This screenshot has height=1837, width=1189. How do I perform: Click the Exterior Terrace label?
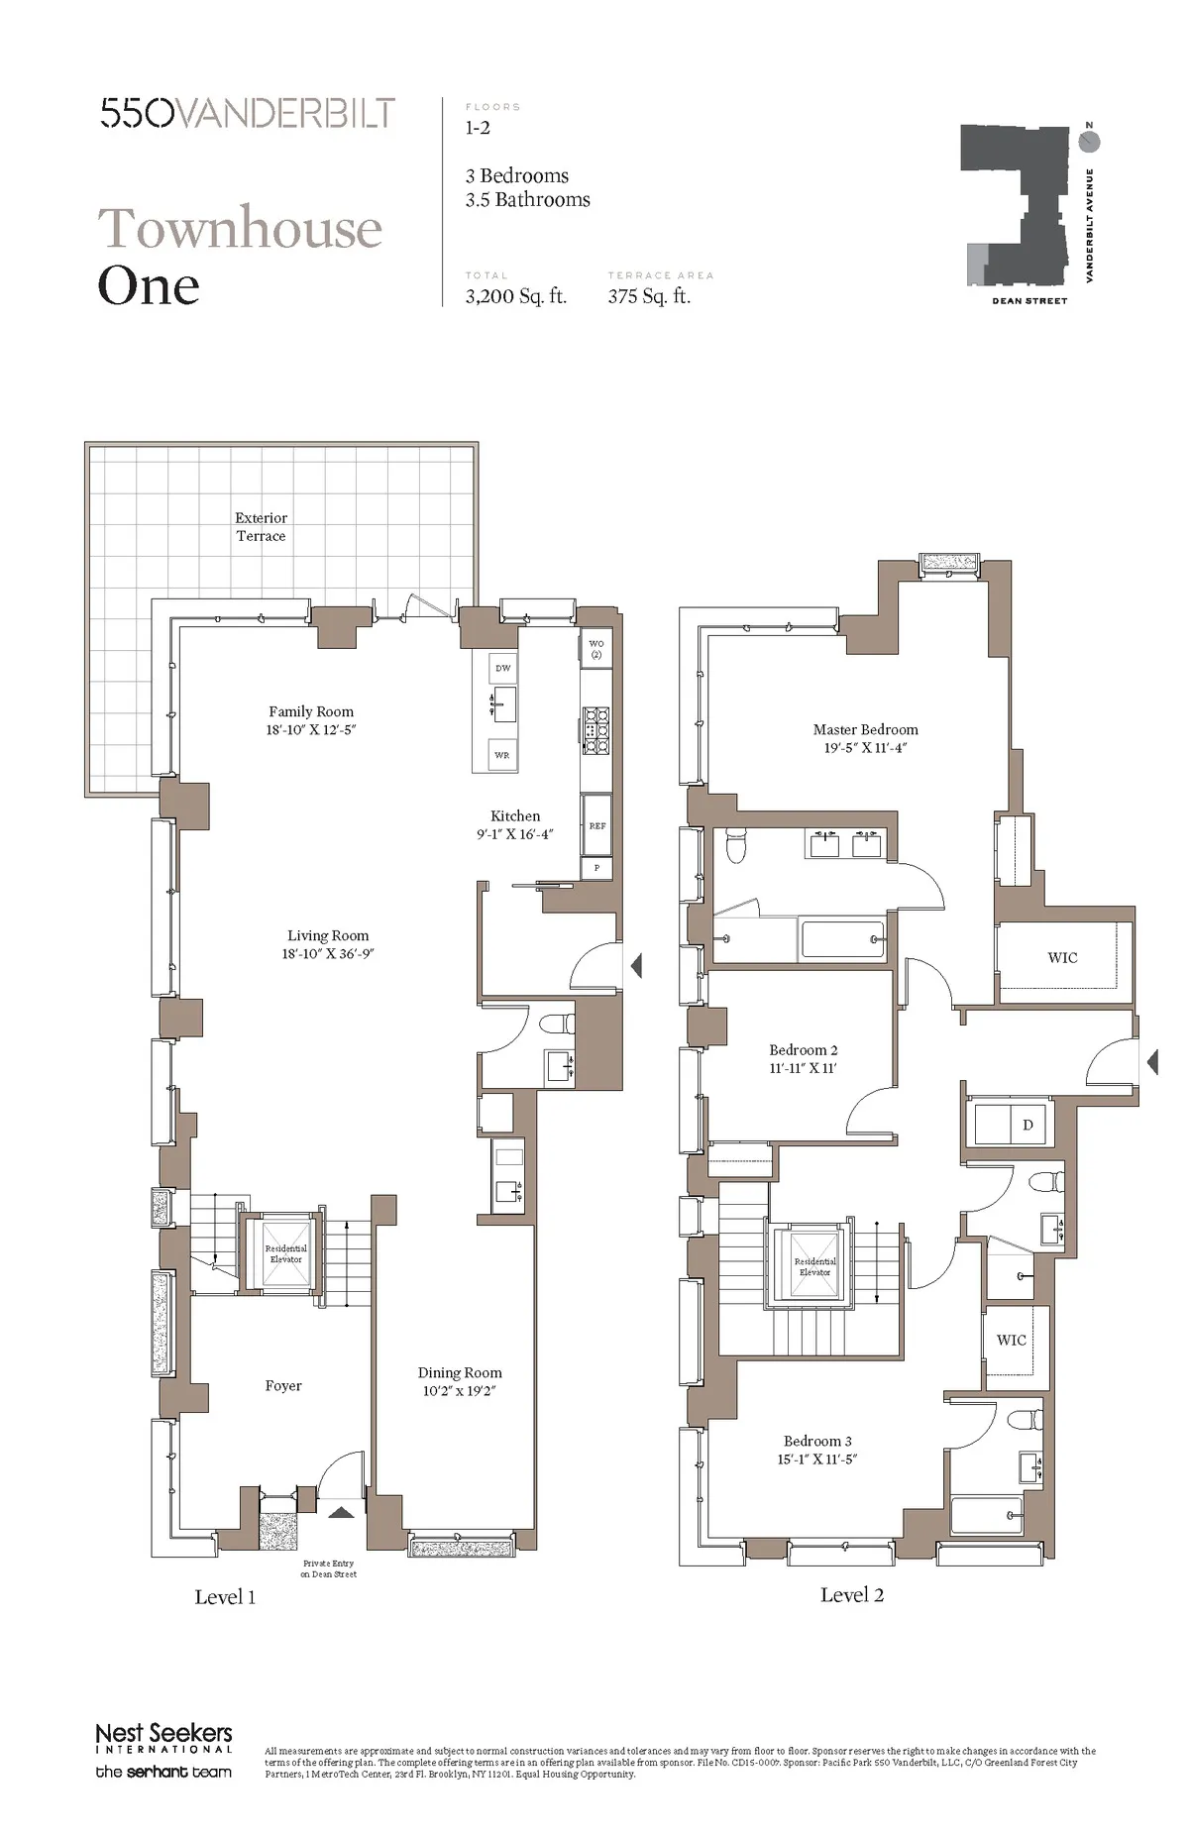click(x=261, y=526)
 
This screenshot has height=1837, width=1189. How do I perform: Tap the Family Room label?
click(x=311, y=711)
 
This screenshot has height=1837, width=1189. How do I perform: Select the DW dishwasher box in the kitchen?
click(x=503, y=669)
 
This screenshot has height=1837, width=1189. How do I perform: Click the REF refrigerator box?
click(x=596, y=824)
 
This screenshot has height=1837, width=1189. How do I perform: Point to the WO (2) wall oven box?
click(x=595, y=649)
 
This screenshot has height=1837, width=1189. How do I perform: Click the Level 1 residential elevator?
click(x=285, y=1253)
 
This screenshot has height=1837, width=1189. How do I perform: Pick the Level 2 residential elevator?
click(x=814, y=1265)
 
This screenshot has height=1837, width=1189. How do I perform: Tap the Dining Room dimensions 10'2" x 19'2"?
click(x=459, y=1391)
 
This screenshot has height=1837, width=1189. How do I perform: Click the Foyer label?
click(x=283, y=1385)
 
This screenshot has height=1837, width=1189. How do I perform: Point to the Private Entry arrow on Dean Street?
click(x=340, y=1513)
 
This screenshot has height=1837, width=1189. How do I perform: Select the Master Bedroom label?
click(x=865, y=729)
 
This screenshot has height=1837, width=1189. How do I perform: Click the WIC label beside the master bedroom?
click(x=1062, y=957)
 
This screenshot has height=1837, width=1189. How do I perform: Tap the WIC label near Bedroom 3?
click(x=1011, y=1340)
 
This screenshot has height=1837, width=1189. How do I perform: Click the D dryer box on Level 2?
click(x=1027, y=1125)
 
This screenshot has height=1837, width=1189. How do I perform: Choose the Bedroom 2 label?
click(x=803, y=1049)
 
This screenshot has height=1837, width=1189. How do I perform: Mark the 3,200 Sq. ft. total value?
click(x=515, y=296)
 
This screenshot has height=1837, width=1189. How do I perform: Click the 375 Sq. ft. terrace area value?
click(x=649, y=296)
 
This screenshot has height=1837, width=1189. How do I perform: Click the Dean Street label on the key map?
click(x=1029, y=301)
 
